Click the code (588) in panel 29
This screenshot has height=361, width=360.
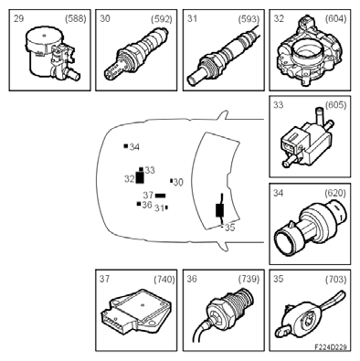click(x=76, y=19)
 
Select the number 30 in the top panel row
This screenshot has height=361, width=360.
click(x=105, y=18)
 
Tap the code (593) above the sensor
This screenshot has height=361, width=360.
click(x=249, y=19)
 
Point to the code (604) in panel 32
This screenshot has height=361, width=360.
click(x=335, y=19)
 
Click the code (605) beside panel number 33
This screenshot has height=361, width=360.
click(x=335, y=105)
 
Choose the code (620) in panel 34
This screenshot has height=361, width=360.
click(x=335, y=193)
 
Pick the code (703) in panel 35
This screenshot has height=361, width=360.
click(x=335, y=279)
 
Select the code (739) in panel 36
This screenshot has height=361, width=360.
click(x=249, y=279)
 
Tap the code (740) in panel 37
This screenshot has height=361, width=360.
click(x=164, y=279)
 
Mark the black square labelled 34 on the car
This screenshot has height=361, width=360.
click(x=126, y=146)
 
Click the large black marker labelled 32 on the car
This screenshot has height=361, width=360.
click(x=140, y=177)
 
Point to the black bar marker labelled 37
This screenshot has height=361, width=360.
click(x=161, y=196)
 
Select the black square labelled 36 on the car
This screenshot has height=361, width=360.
click(x=139, y=204)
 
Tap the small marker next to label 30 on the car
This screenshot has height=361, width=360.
click(x=172, y=181)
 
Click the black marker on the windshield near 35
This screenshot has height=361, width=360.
click(x=220, y=210)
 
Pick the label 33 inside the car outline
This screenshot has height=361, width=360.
click(x=150, y=170)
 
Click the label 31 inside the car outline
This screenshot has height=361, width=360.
click(x=159, y=208)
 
